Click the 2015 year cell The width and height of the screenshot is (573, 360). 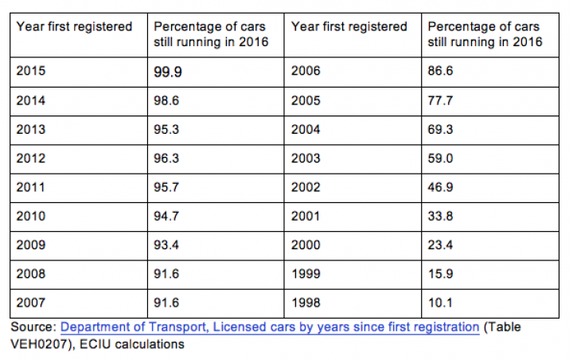[x=30, y=71]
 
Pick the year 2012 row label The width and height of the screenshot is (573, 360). [x=30, y=158]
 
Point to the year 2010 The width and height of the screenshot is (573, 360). [x=30, y=216]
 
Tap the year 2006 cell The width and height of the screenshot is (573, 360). [x=306, y=71]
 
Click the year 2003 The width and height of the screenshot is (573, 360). [x=306, y=158]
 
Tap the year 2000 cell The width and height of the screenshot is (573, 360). [x=306, y=245]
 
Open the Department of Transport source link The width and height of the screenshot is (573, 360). [x=270, y=327]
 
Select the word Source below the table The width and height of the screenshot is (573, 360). [x=32, y=327]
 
